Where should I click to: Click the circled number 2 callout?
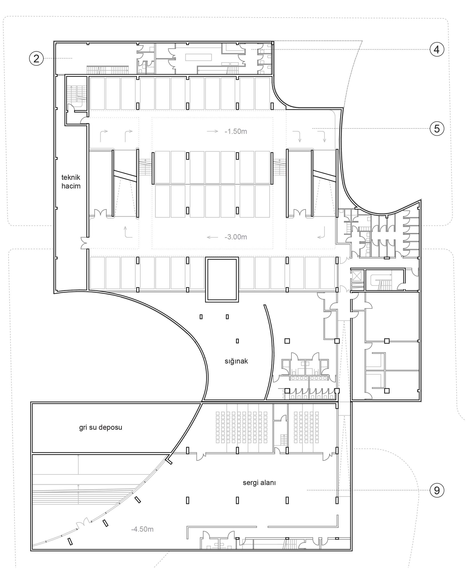coord(36,58)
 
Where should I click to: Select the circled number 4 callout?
coord(437,49)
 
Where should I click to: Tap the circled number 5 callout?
coord(437,128)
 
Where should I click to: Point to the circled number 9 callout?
coord(437,490)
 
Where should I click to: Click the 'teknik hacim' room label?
coord(71,182)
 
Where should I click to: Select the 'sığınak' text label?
coord(236,361)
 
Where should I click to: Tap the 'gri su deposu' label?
coord(100,427)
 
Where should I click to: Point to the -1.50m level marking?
coord(236,131)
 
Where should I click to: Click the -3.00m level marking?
coord(236,237)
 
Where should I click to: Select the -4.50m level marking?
coord(142,529)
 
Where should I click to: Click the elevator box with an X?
coord(356,276)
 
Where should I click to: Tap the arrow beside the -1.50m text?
coord(213,131)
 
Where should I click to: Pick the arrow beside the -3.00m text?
coord(213,237)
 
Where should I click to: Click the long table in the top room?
coord(198,57)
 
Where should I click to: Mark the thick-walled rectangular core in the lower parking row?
coord(222,279)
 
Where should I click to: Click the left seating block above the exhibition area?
coord(242,427)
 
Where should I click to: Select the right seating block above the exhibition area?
coord(306,427)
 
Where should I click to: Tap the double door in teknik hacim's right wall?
coord(85,243)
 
